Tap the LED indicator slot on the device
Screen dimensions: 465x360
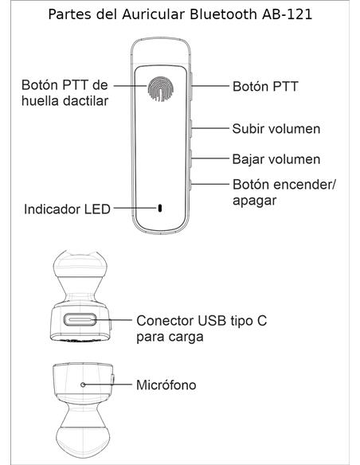point(161,209)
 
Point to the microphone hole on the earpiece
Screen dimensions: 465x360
point(84,385)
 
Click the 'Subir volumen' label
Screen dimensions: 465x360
point(276,128)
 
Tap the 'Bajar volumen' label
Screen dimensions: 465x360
point(276,158)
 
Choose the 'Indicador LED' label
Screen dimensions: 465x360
point(67,210)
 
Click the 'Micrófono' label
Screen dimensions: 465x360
point(166,385)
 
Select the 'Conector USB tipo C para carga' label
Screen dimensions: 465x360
point(202,329)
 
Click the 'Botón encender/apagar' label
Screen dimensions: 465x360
point(284,192)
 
